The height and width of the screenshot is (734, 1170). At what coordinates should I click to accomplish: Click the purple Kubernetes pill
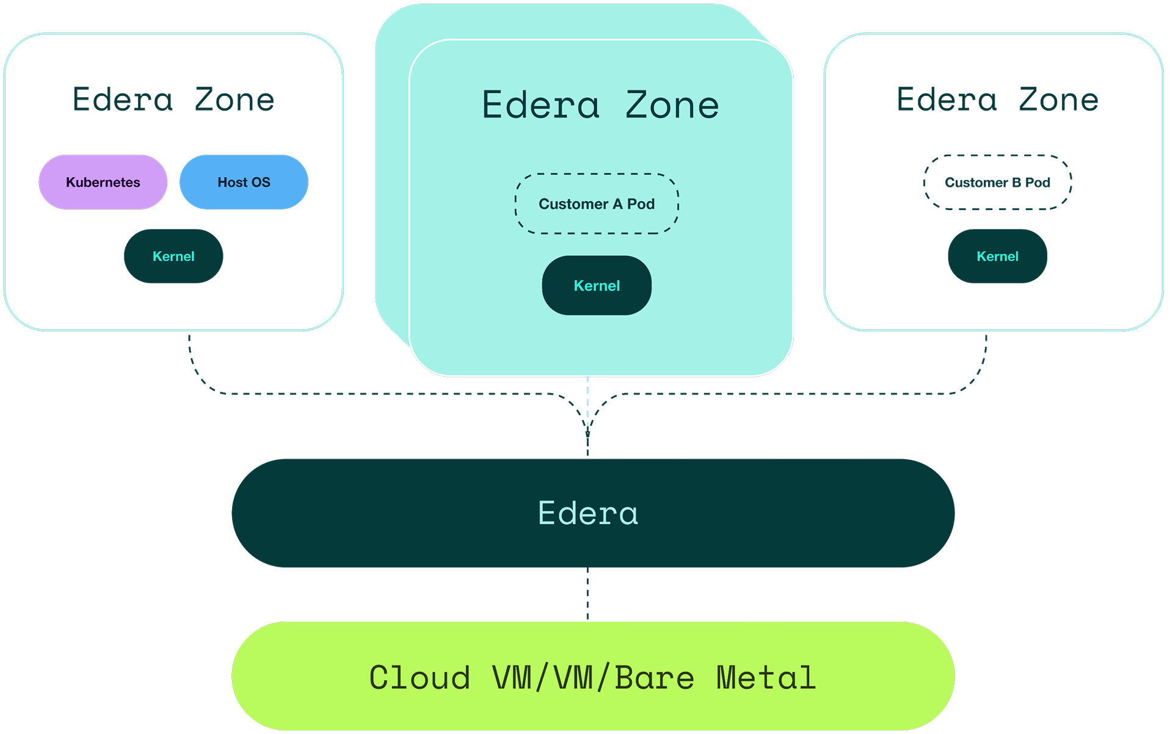[103, 182]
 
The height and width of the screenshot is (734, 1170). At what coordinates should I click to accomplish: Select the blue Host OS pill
[244, 182]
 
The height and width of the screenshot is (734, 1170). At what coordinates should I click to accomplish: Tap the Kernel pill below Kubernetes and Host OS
[173, 256]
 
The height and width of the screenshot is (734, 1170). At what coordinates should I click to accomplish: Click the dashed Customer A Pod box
[597, 204]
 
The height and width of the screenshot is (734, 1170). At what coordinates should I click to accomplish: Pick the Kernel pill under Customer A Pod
[597, 285]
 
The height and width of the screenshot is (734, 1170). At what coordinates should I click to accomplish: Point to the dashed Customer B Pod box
[997, 182]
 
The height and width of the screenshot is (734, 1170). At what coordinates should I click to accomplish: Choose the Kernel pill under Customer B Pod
[997, 256]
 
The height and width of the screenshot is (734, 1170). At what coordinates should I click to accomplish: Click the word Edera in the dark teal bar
[588, 513]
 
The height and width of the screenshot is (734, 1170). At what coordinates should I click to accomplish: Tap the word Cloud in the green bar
[420, 678]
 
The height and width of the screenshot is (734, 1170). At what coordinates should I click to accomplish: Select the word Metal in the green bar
[766, 678]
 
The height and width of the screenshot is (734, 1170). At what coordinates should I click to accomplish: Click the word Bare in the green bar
[655, 678]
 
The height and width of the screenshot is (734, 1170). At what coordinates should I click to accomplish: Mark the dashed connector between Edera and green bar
[587, 594]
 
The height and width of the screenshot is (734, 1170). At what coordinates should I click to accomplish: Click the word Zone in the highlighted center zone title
[672, 105]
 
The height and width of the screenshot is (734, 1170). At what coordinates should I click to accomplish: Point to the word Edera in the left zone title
[123, 100]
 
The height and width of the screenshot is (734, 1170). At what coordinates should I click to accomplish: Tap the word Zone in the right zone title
[1058, 100]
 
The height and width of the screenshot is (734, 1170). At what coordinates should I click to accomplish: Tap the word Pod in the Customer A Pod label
[641, 204]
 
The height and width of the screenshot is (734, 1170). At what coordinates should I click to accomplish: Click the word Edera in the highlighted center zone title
[540, 105]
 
